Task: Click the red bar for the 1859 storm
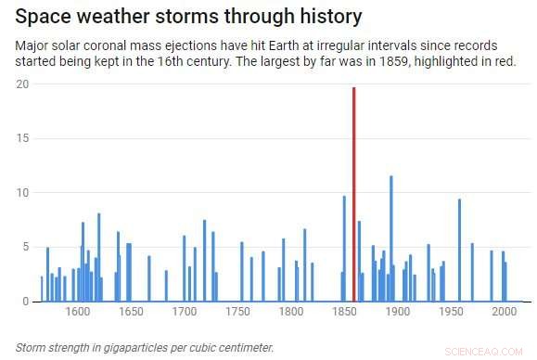click(x=353, y=195)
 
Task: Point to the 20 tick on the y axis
click(x=22, y=84)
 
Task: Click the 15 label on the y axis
click(x=22, y=138)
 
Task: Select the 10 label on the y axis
click(x=22, y=193)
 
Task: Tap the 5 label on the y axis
click(x=25, y=248)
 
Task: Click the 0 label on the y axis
click(x=25, y=302)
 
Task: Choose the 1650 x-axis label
click(x=131, y=313)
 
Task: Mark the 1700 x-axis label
click(x=184, y=313)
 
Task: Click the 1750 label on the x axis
click(x=237, y=313)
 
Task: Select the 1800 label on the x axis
click(x=290, y=313)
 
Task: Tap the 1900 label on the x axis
click(x=398, y=313)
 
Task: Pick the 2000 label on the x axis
click(x=505, y=313)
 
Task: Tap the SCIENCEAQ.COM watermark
click(x=496, y=352)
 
